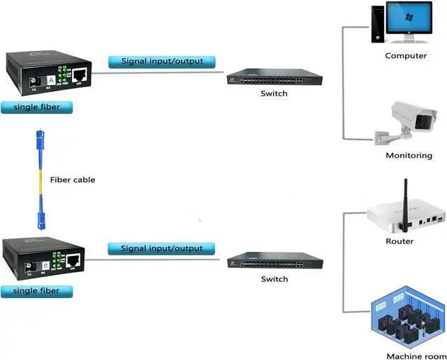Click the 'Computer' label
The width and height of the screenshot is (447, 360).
point(406,56)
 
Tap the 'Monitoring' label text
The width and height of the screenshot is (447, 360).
point(409,156)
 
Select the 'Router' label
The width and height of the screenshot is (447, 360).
point(400,241)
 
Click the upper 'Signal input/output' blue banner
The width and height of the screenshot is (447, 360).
point(162,61)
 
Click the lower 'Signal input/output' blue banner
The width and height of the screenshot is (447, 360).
point(162,248)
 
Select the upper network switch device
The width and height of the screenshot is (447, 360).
point(273,77)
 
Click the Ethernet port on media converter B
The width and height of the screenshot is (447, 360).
point(74,260)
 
